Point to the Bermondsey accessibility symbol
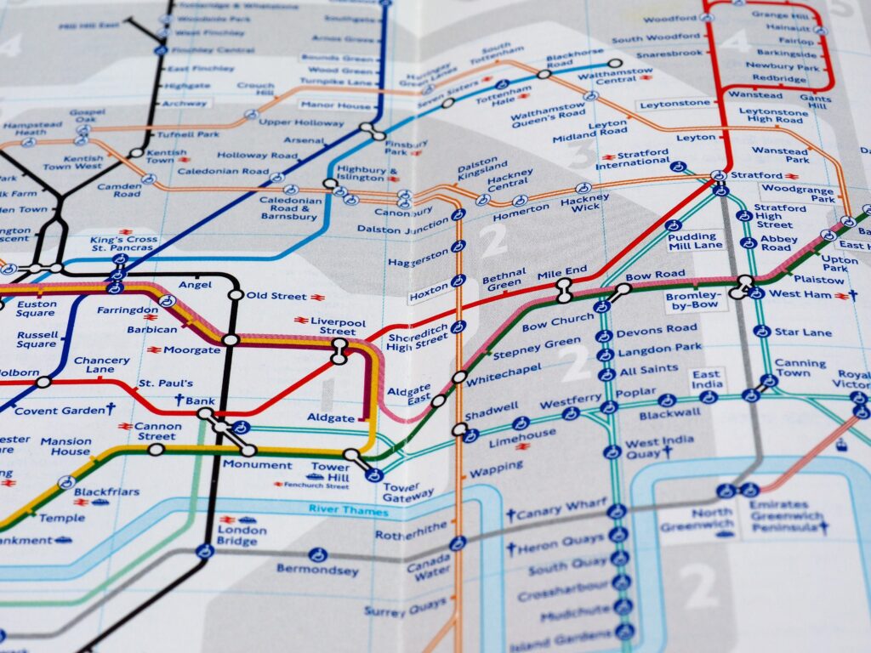tap(318, 554)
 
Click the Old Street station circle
tap(236, 295)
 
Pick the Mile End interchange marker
tap(563, 292)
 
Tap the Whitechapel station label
tap(501, 372)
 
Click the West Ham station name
tap(800, 294)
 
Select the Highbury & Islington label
tap(367, 174)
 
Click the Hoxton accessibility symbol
tap(458, 281)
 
